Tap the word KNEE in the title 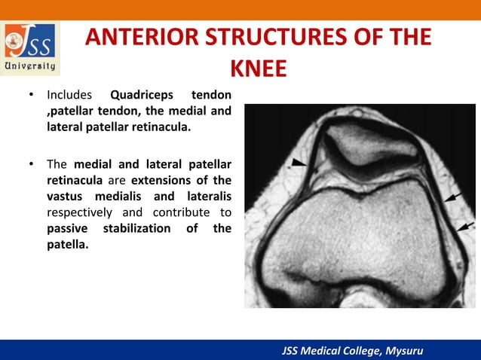258,69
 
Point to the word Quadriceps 142,96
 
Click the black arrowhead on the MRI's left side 300,162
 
